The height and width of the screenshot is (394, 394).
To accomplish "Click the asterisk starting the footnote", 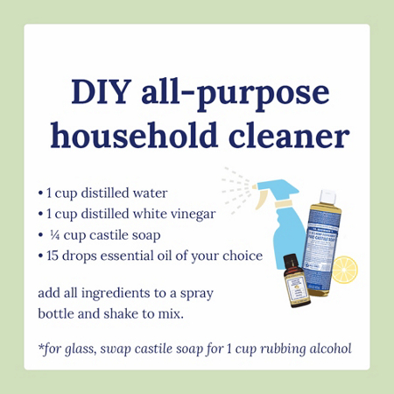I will point(41,349).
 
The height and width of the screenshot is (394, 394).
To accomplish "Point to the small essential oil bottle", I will point(294,285).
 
